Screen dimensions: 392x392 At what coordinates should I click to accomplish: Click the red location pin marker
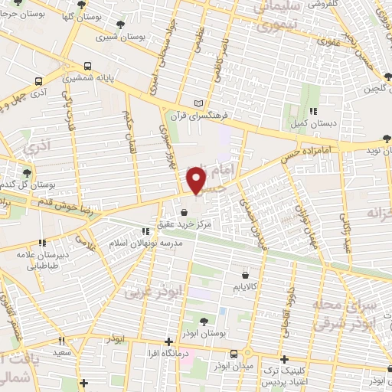pyautogui.click(x=197, y=179)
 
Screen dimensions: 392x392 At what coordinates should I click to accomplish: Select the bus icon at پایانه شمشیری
pyautogui.click(x=88, y=66)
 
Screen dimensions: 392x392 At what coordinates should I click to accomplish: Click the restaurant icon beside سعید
pyautogui.click(x=62, y=340)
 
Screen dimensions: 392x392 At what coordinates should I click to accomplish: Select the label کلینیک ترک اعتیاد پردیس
pyautogui.click(x=284, y=376)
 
